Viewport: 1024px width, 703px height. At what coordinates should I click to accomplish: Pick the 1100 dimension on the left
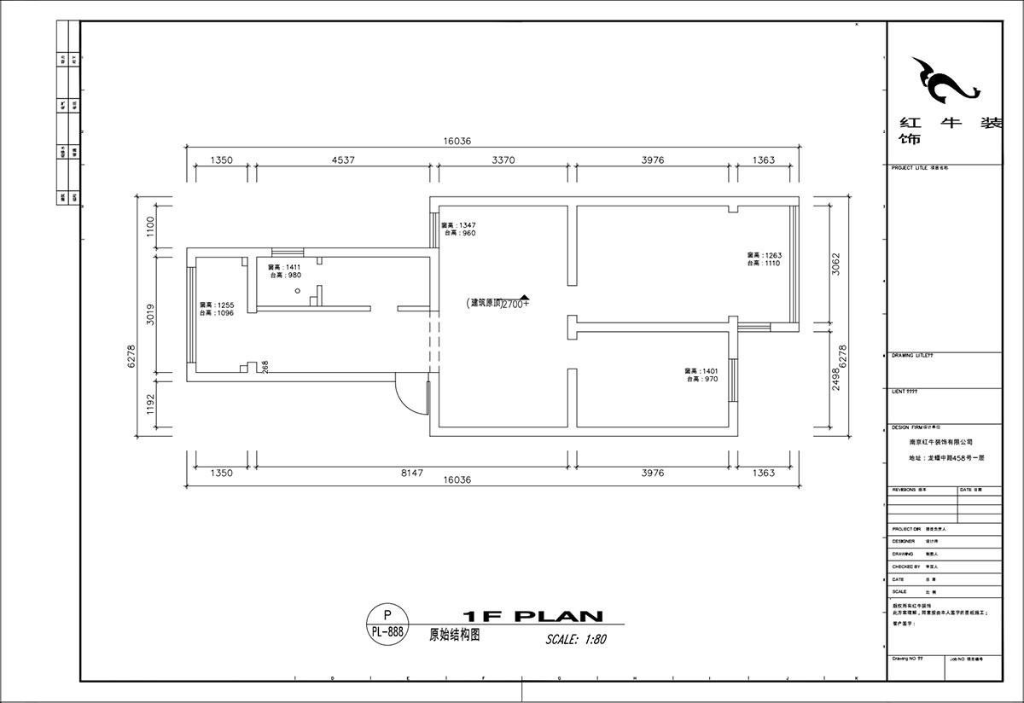point(150,226)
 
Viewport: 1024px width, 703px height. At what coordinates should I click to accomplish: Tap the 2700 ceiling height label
point(515,304)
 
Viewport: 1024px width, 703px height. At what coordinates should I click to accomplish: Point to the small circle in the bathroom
point(297,290)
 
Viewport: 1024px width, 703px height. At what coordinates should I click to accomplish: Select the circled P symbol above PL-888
point(387,614)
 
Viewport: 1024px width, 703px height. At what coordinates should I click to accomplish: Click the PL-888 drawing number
point(387,632)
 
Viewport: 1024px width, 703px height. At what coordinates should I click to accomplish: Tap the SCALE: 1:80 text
point(576,639)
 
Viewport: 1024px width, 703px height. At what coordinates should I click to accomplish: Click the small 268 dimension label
point(265,367)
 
